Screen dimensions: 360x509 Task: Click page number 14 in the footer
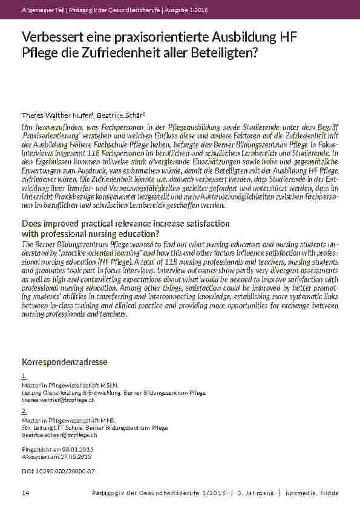pos(25,493)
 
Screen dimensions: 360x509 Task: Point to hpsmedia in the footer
pos(303,493)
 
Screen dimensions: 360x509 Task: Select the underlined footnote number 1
pos(24,375)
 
